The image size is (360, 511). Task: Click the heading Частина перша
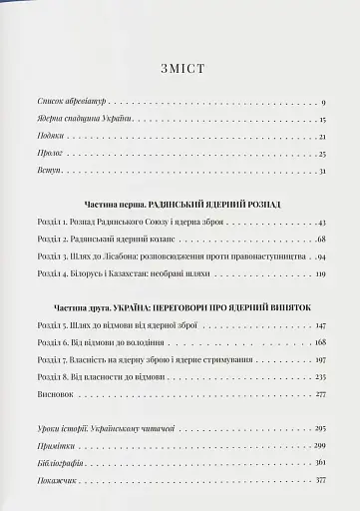click(111, 203)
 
